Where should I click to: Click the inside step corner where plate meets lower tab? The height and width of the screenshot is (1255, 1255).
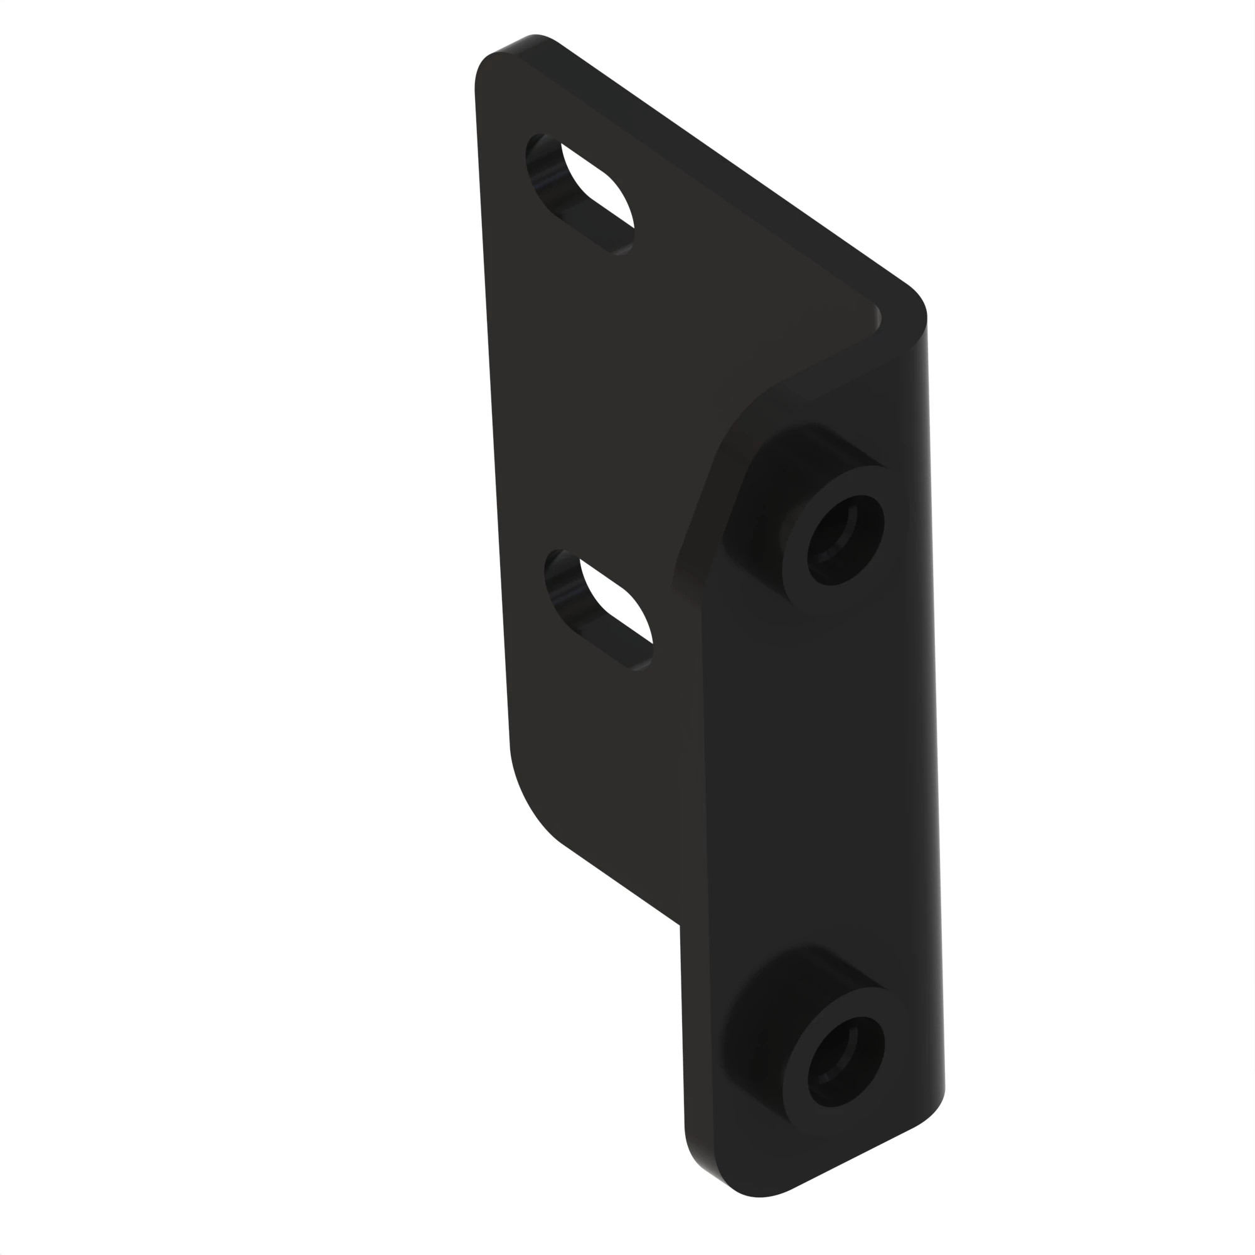pyautogui.click(x=681, y=925)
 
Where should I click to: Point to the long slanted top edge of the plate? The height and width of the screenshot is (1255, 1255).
pyautogui.click(x=715, y=163)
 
